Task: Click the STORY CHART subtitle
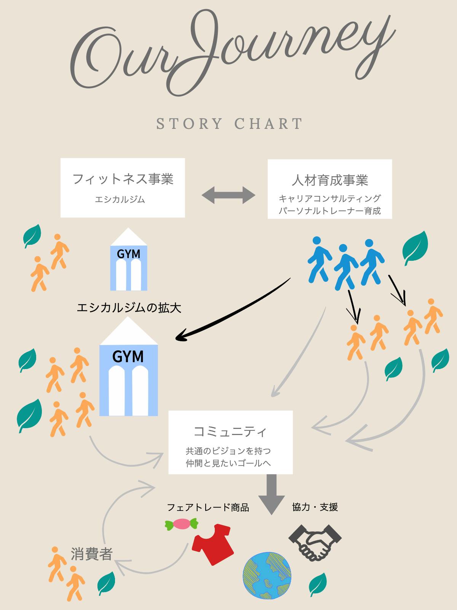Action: [x=229, y=124]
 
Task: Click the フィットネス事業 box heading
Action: [x=123, y=179]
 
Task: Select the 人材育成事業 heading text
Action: [x=330, y=180]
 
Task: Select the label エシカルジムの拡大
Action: [x=129, y=308]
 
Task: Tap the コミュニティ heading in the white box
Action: [x=230, y=432]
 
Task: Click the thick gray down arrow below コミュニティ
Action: [x=272, y=494]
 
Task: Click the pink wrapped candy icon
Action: [x=182, y=524]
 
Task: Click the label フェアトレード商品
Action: [x=208, y=507]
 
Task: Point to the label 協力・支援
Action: [x=315, y=507]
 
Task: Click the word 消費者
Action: [x=91, y=554]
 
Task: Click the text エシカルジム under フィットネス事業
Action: [x=120, y=199]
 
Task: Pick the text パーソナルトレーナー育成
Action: [x=330, y=210]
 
